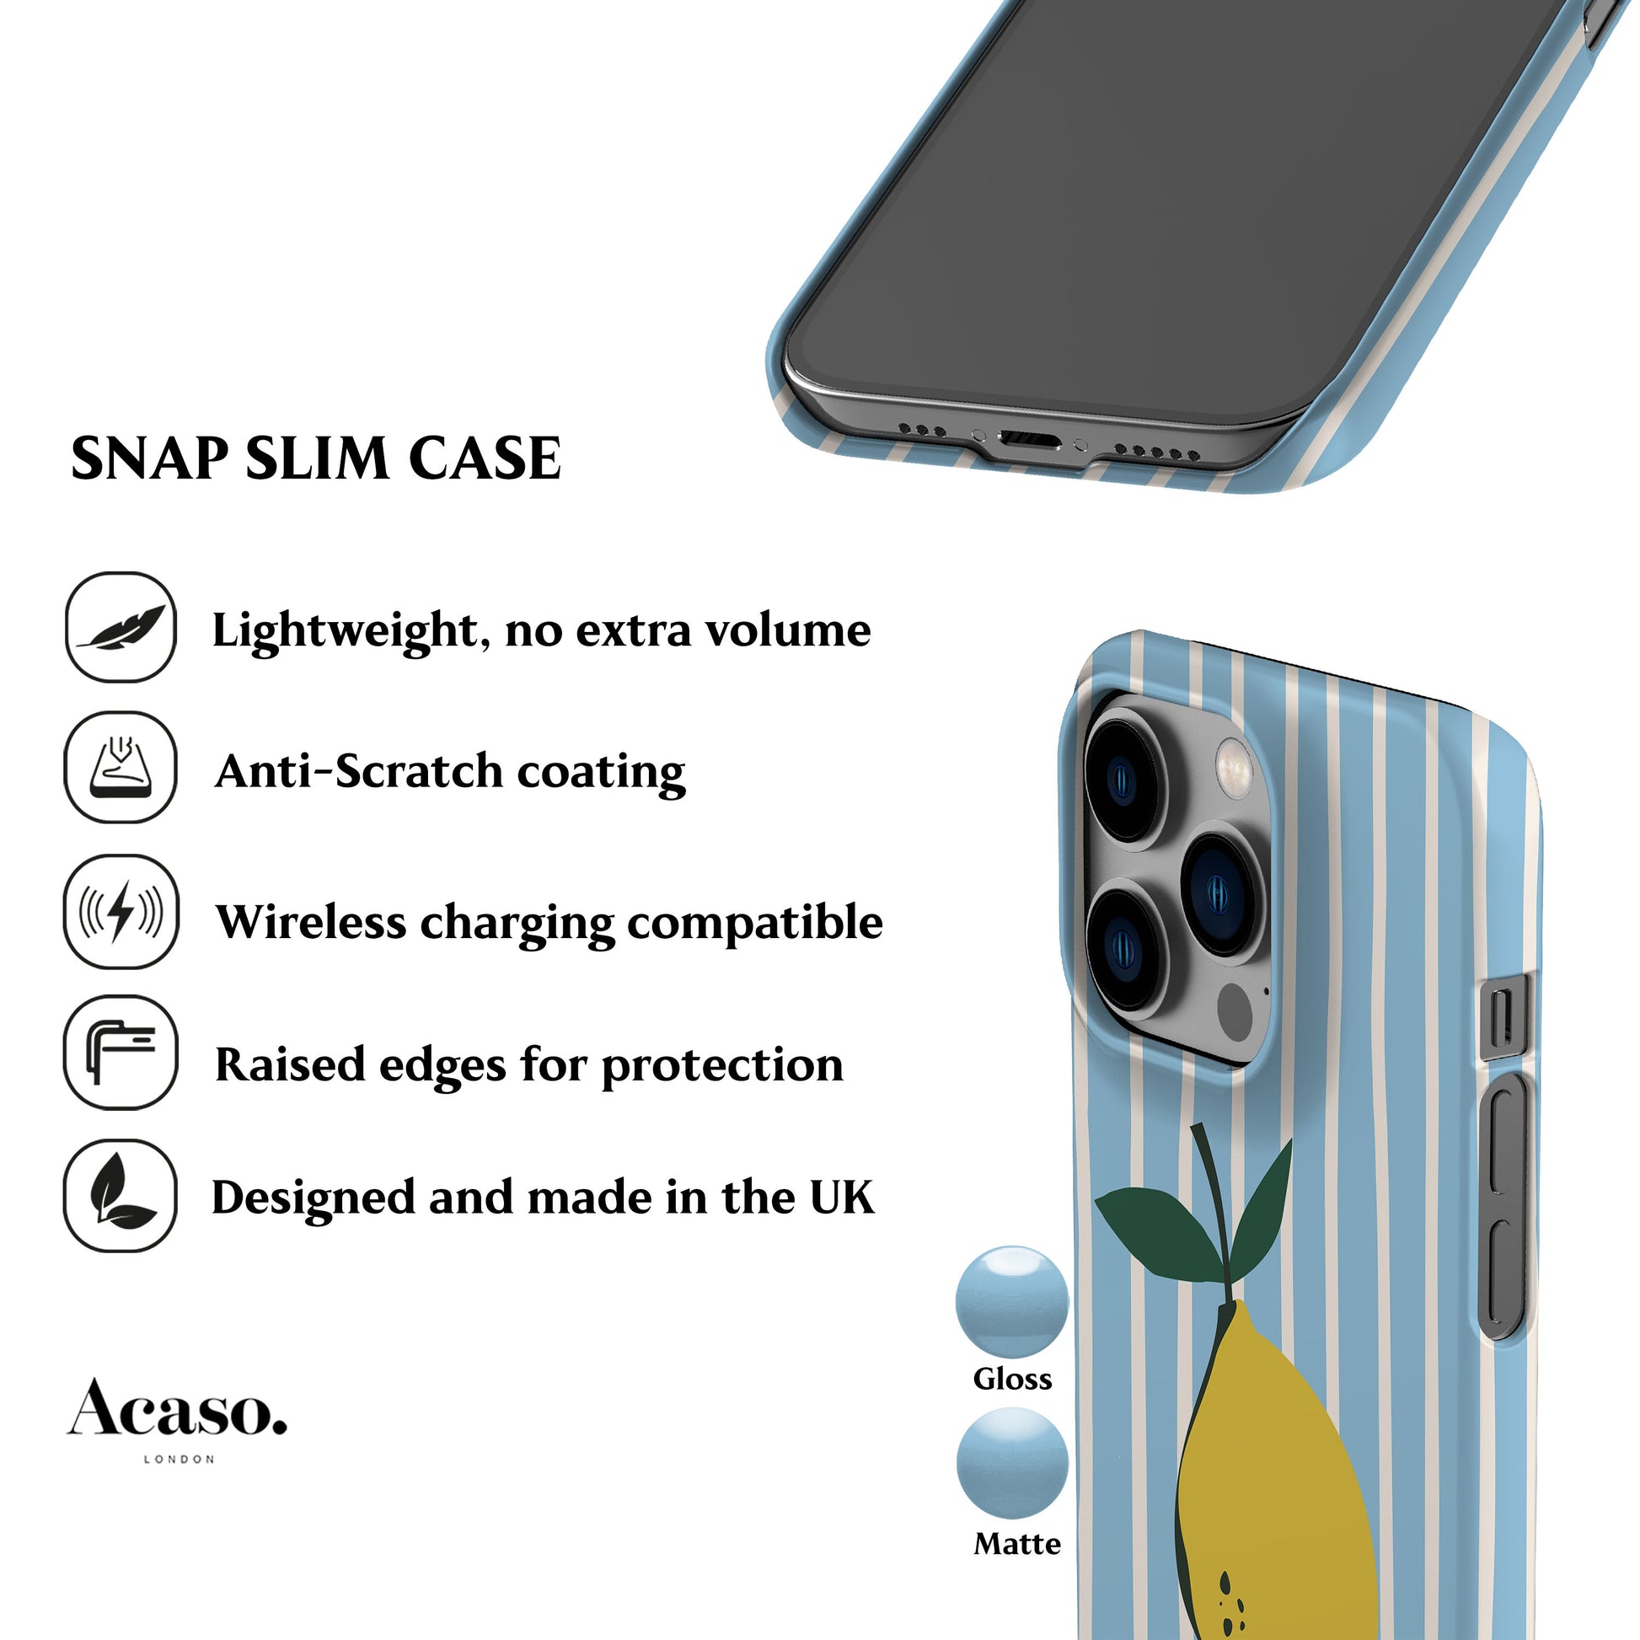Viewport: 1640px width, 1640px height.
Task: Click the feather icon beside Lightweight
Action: pos(121,627)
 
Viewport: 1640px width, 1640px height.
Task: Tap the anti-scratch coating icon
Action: pos(121,768)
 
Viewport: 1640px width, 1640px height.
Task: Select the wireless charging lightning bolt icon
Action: pos(121,912)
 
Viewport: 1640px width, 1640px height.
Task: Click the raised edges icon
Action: pos(121,1053)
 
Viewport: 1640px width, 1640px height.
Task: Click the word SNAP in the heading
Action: pos(148,459)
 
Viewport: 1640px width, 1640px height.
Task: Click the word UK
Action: pos(841,1198)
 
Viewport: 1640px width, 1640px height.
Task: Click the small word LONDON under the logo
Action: pos(180,1459)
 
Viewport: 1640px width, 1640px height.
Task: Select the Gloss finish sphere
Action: pos(1012,1301)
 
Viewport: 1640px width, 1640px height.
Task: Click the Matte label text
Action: pos(1017,1543)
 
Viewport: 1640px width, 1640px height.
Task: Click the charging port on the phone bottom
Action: pos(1030,440)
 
